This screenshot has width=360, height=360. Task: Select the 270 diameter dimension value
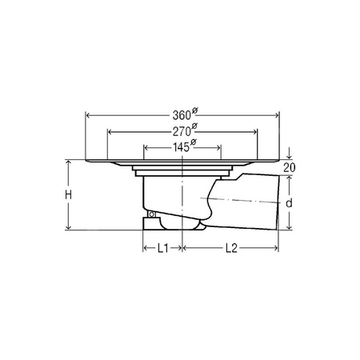(185, 130)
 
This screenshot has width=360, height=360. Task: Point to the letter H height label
(69, 195)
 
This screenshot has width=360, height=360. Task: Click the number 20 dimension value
(290, 167)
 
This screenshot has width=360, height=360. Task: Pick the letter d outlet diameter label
(289, 203)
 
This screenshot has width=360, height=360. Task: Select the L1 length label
(162, 248)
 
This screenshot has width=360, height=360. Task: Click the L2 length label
(231, 248)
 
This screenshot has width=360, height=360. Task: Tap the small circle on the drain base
(152, 214)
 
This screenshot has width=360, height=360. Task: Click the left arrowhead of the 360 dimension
(88, 115)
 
